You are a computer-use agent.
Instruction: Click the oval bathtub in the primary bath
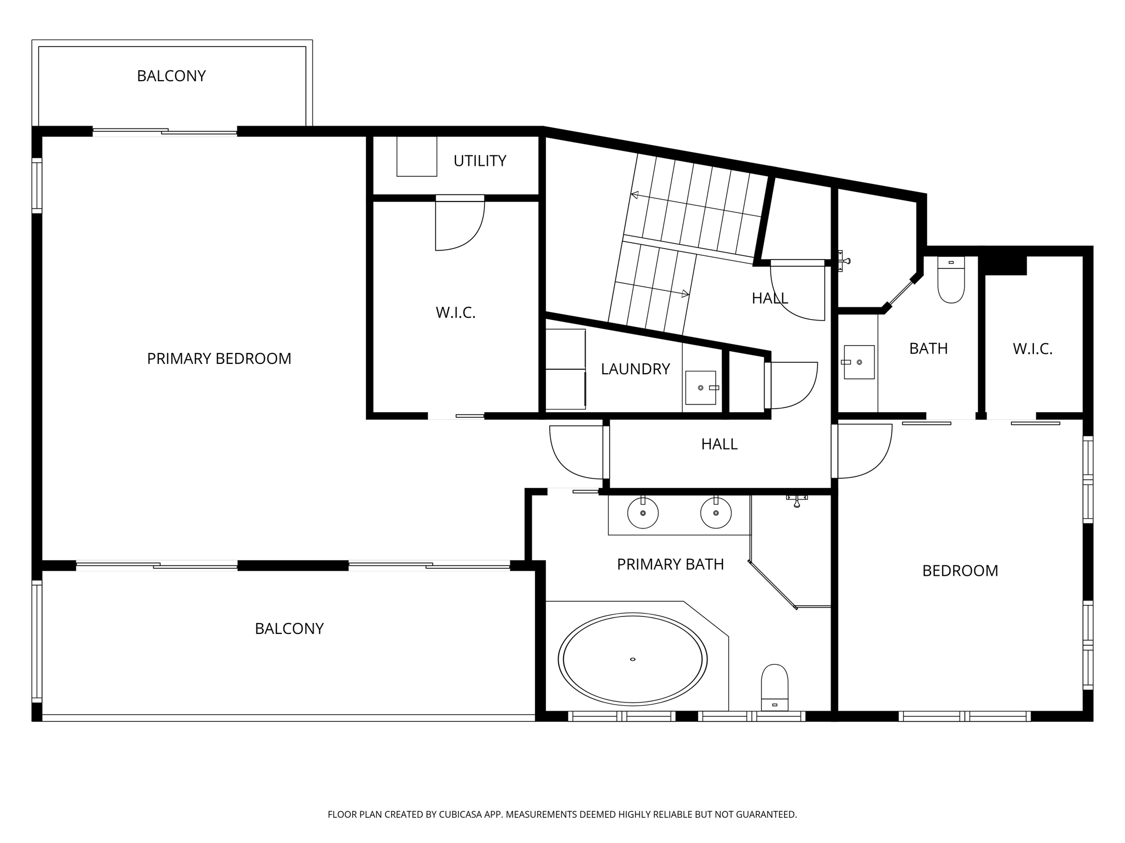pyautogui.click(x=632, y=659)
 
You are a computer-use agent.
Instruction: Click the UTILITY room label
pyautogui.click(x=480, y=161)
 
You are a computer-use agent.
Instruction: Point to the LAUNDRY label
pyautogui.click(x=635, y=369)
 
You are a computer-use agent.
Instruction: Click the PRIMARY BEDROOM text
pyautogui.click(x=219, y=358)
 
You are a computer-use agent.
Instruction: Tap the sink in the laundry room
pyautogui.click(x=701, y=387)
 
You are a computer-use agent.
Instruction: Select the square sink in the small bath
pyautogui.click(x=859, y=362)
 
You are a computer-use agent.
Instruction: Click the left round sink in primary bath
pyautogui.click(x=643, y=513)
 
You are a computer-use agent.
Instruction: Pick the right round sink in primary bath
pyautogui.click(x=716, y=513)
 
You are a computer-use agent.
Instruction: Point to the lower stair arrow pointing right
pyautogui.click(x=684, y=294)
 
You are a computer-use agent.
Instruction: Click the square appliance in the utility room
pyautogui.click(x=416, y=156)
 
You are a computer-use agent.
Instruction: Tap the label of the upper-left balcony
pyautogui.click(x=171, y=76)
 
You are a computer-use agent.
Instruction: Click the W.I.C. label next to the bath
pyautogui.click(x=1032, y=349)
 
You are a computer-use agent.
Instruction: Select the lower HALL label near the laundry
pyautogui.click(x=719, y=444)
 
